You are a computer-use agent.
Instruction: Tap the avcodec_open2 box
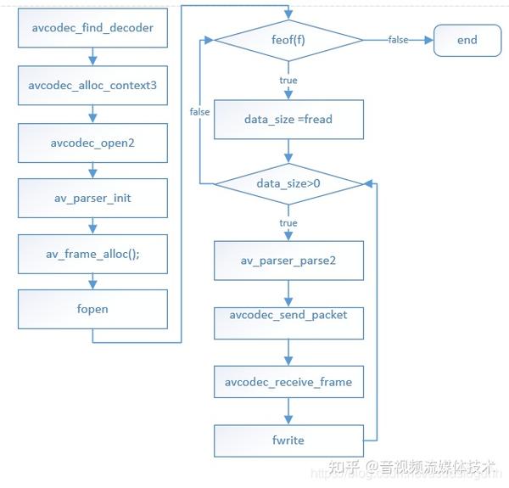92,143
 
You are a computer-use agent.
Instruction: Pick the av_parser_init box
92,198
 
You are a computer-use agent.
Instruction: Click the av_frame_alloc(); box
92,254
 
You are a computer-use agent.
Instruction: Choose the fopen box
92,309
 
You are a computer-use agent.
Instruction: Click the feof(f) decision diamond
288,40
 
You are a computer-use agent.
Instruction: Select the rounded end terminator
467,40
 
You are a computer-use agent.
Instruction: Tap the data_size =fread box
288,119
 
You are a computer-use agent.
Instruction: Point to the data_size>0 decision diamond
288,183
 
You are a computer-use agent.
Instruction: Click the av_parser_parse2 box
288,260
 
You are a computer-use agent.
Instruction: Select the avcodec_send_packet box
288,315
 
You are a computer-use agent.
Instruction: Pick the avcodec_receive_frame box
288,382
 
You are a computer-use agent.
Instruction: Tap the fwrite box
288,440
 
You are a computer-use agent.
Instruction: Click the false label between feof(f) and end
398,40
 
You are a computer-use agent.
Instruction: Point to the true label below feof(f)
288,80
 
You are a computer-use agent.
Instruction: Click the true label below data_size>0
288,223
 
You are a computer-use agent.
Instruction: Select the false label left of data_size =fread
200,111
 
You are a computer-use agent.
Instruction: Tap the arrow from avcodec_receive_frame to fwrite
288,412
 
